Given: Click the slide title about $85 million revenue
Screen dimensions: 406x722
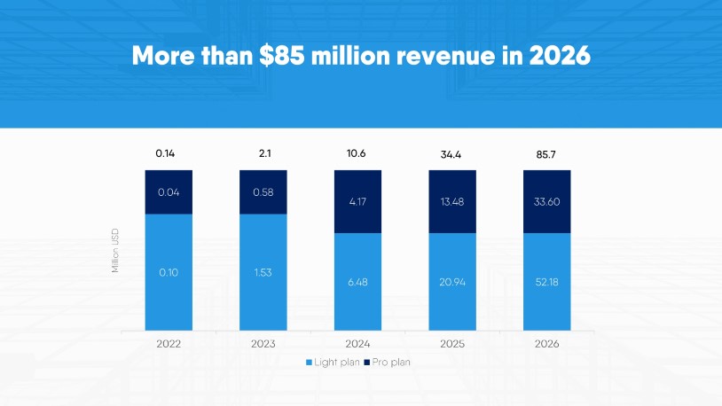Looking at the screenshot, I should click(361, 55).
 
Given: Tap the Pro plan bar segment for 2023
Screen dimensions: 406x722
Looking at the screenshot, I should click(263, 192).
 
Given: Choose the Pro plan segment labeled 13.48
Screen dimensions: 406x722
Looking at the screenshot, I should click(452, 201).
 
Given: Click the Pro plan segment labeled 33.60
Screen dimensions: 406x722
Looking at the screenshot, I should click(546, 201).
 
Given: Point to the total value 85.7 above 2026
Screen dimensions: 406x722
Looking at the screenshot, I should click(546, 154).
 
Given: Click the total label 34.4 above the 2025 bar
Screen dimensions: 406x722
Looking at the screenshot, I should click(452, 154).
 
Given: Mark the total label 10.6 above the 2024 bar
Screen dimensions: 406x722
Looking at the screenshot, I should click(357, 153).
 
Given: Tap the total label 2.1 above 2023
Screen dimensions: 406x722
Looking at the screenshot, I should click(263, 153).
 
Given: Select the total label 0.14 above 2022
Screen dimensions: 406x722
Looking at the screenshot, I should click(165, 153).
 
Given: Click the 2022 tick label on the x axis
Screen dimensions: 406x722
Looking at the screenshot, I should click(169, 343).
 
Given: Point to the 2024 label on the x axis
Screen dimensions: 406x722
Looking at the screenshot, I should click(357, 343).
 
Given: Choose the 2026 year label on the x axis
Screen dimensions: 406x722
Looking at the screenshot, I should click(546, 343).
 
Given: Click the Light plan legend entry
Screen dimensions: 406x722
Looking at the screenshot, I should click(334, 363).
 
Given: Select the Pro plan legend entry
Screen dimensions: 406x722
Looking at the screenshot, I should click(391, 363).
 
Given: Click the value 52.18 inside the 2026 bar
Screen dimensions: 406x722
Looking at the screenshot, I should click(546, 282).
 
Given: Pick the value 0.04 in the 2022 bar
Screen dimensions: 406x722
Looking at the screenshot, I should click(169, 192).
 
